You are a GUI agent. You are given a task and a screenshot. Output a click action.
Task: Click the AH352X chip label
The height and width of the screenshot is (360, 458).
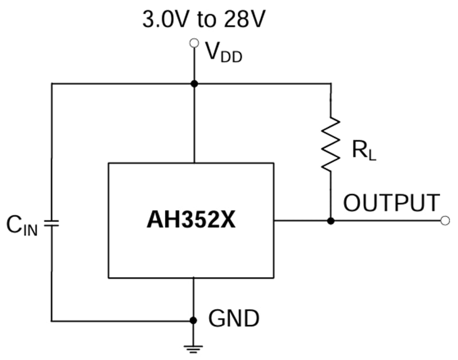191,220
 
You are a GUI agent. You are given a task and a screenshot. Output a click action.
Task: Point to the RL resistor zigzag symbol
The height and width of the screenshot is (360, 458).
330,144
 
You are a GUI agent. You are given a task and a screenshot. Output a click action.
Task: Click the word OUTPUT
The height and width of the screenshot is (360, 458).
392,203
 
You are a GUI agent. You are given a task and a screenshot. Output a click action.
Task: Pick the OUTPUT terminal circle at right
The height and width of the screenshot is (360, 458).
445,220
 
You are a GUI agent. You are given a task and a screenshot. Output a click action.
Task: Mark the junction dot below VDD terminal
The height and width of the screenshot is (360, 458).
194,84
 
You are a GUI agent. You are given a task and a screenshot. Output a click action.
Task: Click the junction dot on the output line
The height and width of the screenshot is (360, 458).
330,220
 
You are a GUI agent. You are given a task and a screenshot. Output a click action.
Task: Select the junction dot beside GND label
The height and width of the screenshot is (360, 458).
194,321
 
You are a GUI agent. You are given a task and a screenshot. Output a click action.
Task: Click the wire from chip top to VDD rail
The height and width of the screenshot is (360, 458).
194,123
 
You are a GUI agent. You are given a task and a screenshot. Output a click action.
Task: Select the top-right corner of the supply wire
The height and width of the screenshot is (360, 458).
330,84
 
